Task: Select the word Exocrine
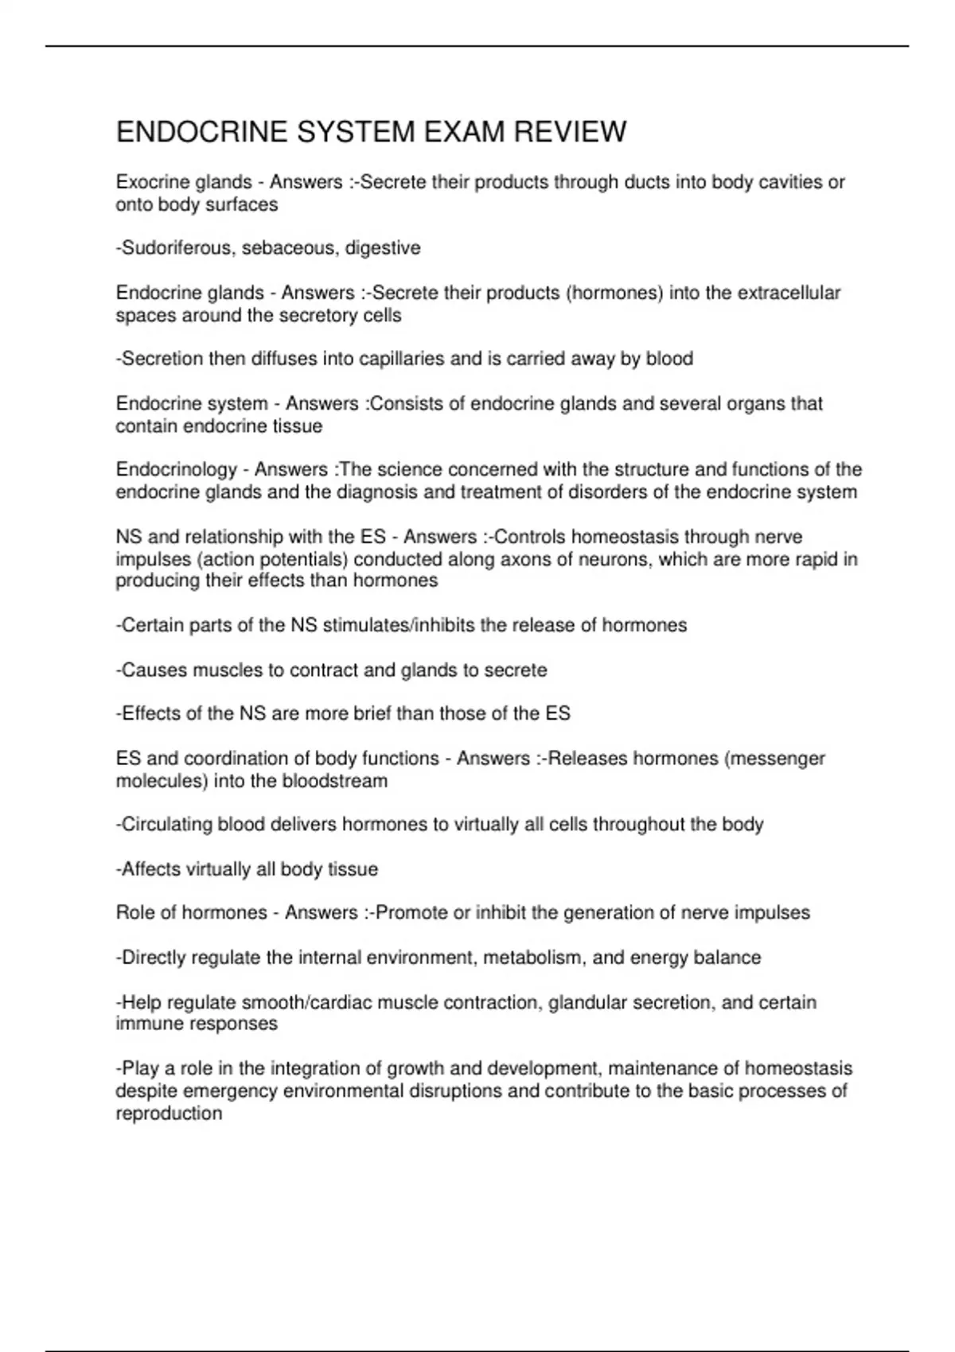[150, 182]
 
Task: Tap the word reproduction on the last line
[169, 1113]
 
